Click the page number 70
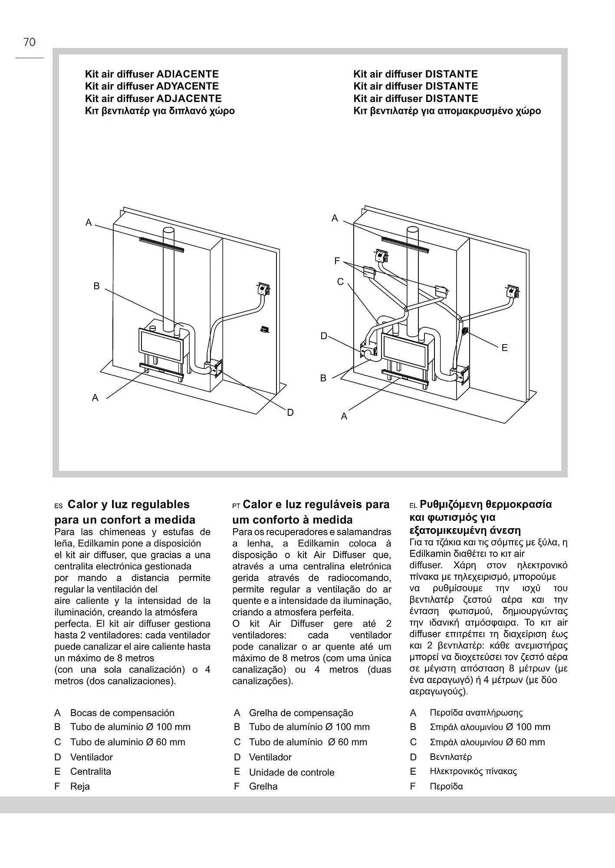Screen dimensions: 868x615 pos(30,43)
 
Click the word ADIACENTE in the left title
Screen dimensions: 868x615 pos(187,74)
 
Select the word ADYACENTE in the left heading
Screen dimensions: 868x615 pos(187,86)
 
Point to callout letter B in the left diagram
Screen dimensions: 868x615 pos(96,286)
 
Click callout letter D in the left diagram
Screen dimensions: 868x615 pos(290,413)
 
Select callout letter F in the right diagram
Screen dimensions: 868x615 pos(337,261)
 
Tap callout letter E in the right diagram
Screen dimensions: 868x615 pos(504,348)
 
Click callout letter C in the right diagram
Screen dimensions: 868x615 pos(340,282)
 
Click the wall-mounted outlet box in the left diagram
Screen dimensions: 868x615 pos(263,288)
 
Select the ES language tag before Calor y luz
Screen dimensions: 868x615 pos(59,506)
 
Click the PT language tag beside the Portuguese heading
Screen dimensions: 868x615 pos(236,506)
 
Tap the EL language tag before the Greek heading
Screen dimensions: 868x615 pos(413,506)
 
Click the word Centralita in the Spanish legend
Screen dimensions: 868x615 pos(91,772)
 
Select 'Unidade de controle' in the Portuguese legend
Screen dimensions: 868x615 pos(292,773)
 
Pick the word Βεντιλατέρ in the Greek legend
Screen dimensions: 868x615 pos(451,757)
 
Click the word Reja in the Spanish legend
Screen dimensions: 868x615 pos(80,786)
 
